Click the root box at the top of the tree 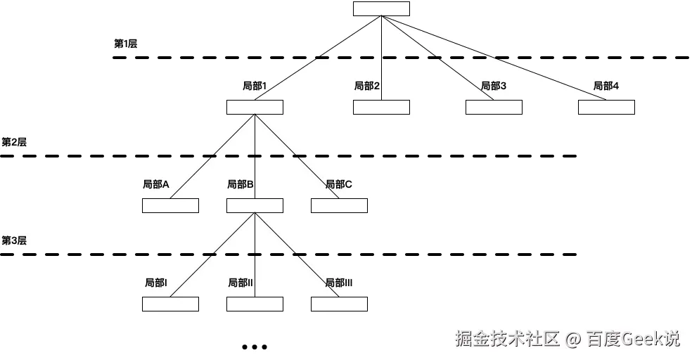381,8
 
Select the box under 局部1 255,108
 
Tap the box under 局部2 381,108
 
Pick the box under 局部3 494,108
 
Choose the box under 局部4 606,108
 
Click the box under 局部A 170,206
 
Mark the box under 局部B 255,206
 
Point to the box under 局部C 339,206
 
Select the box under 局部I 170,304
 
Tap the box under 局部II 255,304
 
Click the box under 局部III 339,304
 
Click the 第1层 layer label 125,44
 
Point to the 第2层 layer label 13,142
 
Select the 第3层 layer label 13,240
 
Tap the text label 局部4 605,86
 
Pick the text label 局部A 156,184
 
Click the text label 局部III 338,283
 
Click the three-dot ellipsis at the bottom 254,347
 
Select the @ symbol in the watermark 572,340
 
